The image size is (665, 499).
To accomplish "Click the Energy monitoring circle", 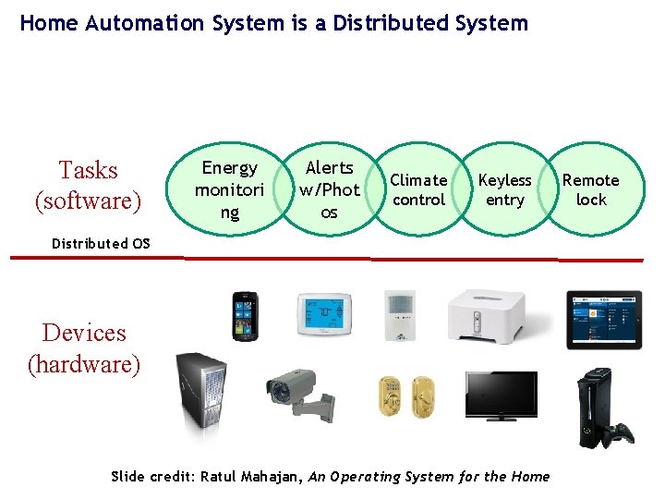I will [x=230, y=189].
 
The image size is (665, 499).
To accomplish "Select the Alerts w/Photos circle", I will [x=330, y=189].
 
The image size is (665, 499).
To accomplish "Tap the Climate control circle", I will [x=418, y=189].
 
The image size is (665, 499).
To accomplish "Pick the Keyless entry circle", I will [x=504, y=189].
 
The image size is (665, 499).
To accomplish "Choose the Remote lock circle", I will [x=591, y=189].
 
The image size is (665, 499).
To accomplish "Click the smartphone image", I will [x=244, y=315].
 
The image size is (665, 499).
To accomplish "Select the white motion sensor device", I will [x=400, y=315].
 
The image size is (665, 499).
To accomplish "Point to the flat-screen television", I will [x=501, y=396].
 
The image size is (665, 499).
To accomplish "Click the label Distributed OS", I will [x=101, y=244].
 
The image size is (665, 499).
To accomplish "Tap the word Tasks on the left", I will [x=89, y=170].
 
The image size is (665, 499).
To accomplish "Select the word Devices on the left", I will [x=84, y=333].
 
